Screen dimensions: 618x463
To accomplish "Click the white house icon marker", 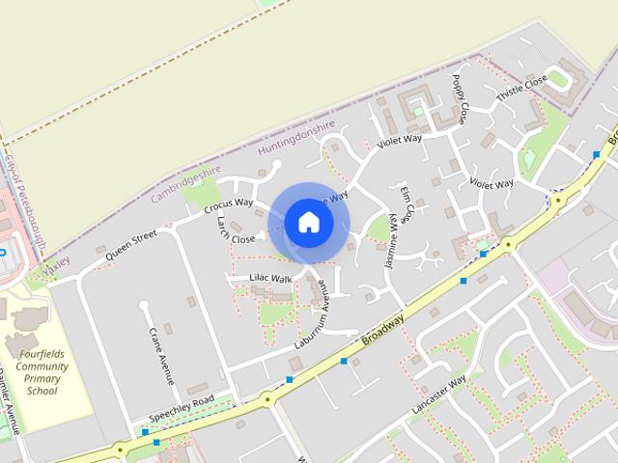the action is [x=308, y=223].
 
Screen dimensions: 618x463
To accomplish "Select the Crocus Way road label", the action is [x=228, y=204].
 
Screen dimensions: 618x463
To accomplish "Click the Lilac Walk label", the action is [x=270, y=279].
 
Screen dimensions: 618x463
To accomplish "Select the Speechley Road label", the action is [x=182, y=409].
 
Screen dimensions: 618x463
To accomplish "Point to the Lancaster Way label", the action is [x=438, y=395].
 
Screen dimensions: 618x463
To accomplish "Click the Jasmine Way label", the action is [x=392, y=240].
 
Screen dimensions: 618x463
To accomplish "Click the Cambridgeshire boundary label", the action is [x=186, y=184].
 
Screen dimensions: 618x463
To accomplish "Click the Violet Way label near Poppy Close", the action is [x=400, y=140].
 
